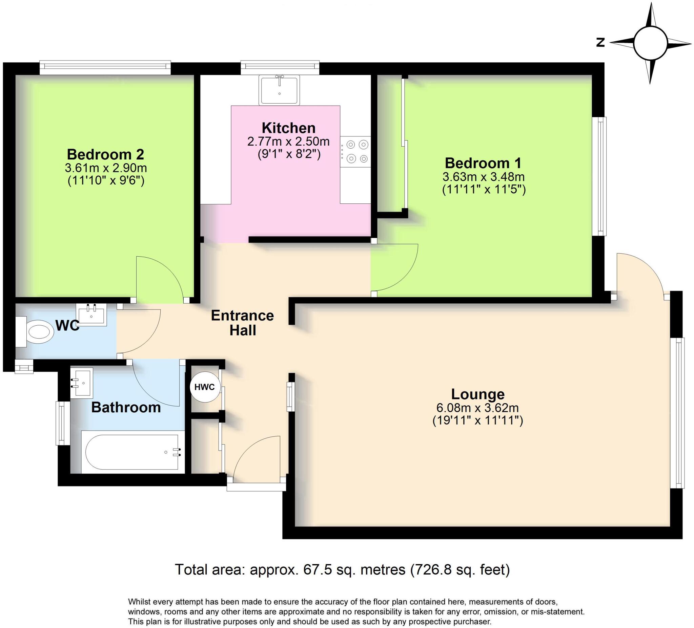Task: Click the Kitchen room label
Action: point(288,128)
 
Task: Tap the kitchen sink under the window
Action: point(279,90)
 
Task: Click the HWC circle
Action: point(204,387)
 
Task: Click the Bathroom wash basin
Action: point(82,383)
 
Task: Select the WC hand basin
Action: point(91,314)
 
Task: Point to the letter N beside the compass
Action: point(601,43)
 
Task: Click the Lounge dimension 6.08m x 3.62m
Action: point(477,408)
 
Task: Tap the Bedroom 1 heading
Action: point(483,163)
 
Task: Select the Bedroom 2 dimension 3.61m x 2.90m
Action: point(106,168)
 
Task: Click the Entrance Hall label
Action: point(242,323)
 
